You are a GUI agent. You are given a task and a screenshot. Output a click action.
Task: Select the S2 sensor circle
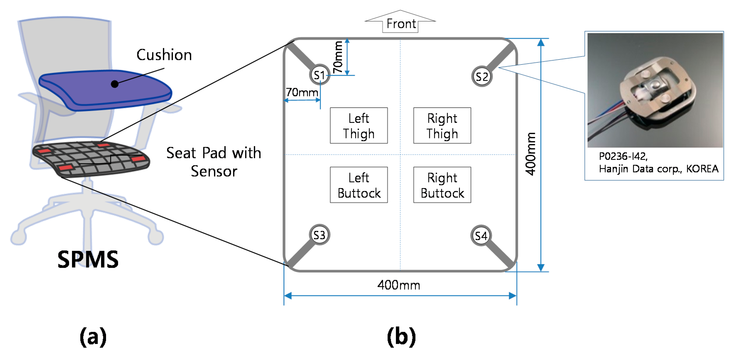(481, 76)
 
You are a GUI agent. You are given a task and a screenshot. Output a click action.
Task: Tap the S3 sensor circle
(319, 235)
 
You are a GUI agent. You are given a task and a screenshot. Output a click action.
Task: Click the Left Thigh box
(359, 126)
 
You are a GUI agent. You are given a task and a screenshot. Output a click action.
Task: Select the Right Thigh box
(442, 126)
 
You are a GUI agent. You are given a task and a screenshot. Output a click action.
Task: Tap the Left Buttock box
(359, 185)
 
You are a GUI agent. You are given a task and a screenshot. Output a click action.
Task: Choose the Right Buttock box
(442, 185)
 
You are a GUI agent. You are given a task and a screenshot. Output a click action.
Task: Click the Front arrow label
(401, 23)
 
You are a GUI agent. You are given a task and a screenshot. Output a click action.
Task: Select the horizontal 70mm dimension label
(302, 92)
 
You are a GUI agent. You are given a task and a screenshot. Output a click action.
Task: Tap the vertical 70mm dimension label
(338, 57)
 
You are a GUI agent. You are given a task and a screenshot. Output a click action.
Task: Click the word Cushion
(164, 55)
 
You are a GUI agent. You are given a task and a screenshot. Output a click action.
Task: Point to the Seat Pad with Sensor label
(214, 162)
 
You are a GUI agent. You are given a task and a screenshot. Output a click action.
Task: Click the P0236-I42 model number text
(623, 156)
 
